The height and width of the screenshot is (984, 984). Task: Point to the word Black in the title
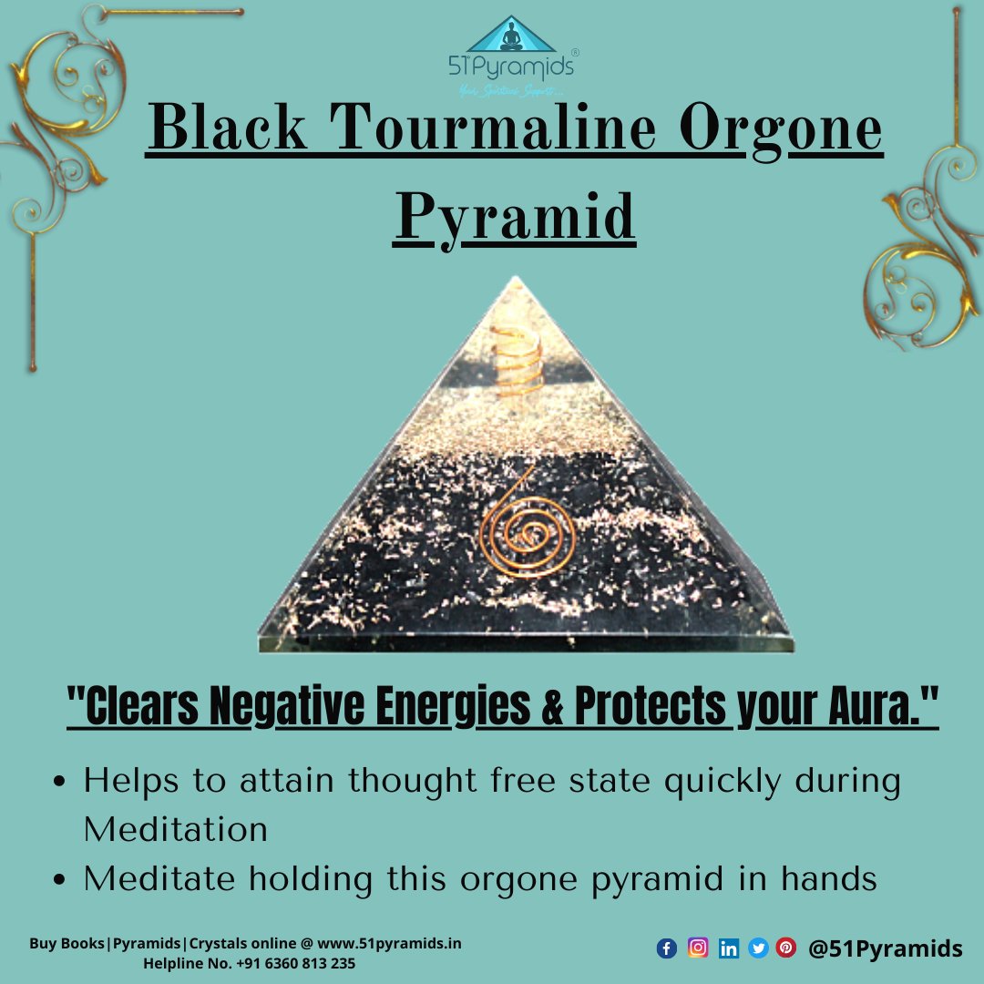[228, 130]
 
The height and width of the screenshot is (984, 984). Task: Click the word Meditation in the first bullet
[176, 829]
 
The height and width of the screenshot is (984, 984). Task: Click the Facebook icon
[667, 948]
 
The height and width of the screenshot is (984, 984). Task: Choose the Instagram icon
[698, 948]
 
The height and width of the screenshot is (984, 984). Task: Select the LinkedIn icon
[728, 948]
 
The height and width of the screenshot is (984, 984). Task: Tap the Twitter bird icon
[757, 948]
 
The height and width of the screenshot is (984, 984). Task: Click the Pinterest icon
[785, 948]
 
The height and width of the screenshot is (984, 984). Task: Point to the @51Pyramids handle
[885, 948]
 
